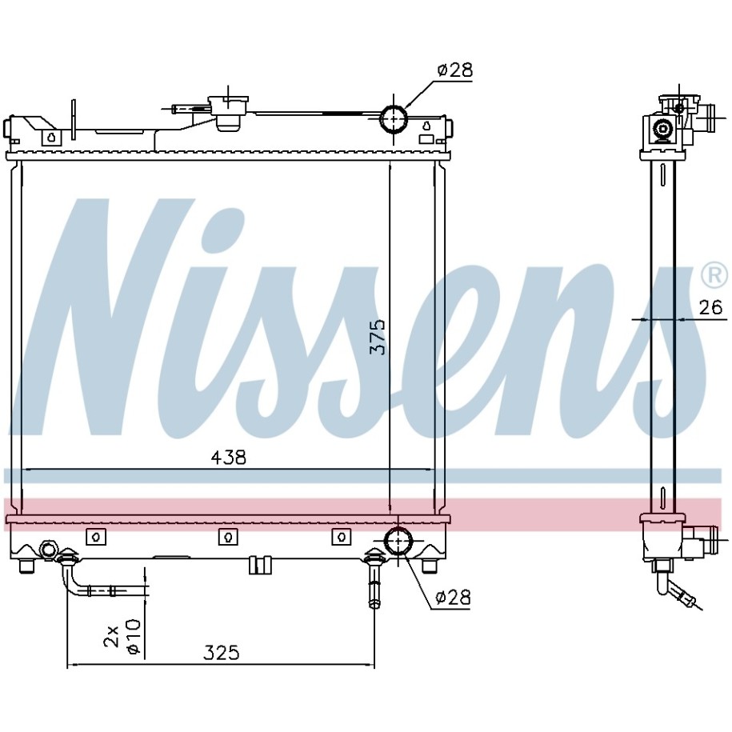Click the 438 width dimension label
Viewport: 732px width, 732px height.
tap(228, 458)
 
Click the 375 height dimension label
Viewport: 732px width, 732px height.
tap(378, 337)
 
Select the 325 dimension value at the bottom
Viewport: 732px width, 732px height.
tap(221, 653)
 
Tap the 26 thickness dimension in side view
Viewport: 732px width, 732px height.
tap(710, 307)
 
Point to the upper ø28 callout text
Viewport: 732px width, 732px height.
tap(454, 70)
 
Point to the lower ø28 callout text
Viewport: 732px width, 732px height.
tap(453, 597)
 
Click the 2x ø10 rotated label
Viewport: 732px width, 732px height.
tap(122, 637)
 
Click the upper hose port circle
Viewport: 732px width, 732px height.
tap(394, 118)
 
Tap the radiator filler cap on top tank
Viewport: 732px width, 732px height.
tap(228, 113)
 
